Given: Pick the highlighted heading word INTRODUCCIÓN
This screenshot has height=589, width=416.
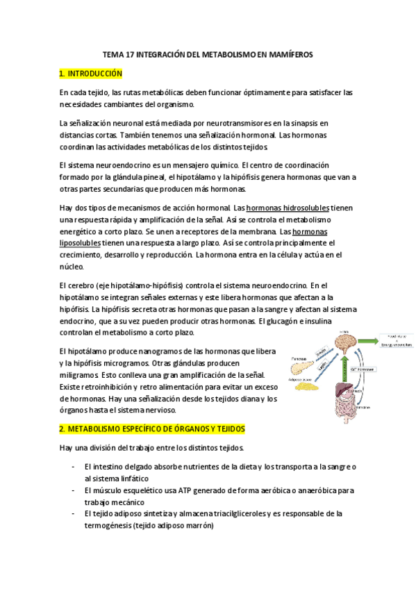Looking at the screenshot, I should (x=95, y=73).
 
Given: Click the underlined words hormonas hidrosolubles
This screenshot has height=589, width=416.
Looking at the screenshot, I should (x=277, y=208).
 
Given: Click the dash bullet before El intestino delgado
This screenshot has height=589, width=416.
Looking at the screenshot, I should (x=74, y=467).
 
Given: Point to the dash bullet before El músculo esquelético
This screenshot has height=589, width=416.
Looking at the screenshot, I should (x=74, y=490).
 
